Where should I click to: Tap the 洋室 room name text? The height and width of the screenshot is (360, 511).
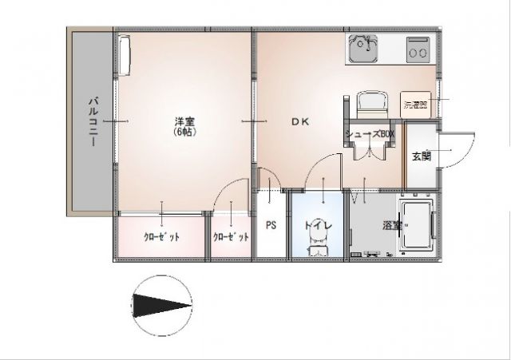185,121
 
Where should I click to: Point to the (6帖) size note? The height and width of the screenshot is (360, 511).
185,132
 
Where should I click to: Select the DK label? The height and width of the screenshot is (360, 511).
299,121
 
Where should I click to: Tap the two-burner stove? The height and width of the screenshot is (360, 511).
418,50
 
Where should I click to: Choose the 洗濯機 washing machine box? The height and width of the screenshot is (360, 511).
414,105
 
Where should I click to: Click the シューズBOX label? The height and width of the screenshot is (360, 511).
370,134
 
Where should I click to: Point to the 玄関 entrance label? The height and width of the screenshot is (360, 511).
421,156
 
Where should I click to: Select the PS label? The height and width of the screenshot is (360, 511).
271,225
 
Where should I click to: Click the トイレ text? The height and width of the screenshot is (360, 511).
317,226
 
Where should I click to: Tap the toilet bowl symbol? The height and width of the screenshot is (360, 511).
316,248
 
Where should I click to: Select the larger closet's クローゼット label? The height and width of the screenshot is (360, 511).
161,237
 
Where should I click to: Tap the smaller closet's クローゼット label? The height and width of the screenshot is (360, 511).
232,237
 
